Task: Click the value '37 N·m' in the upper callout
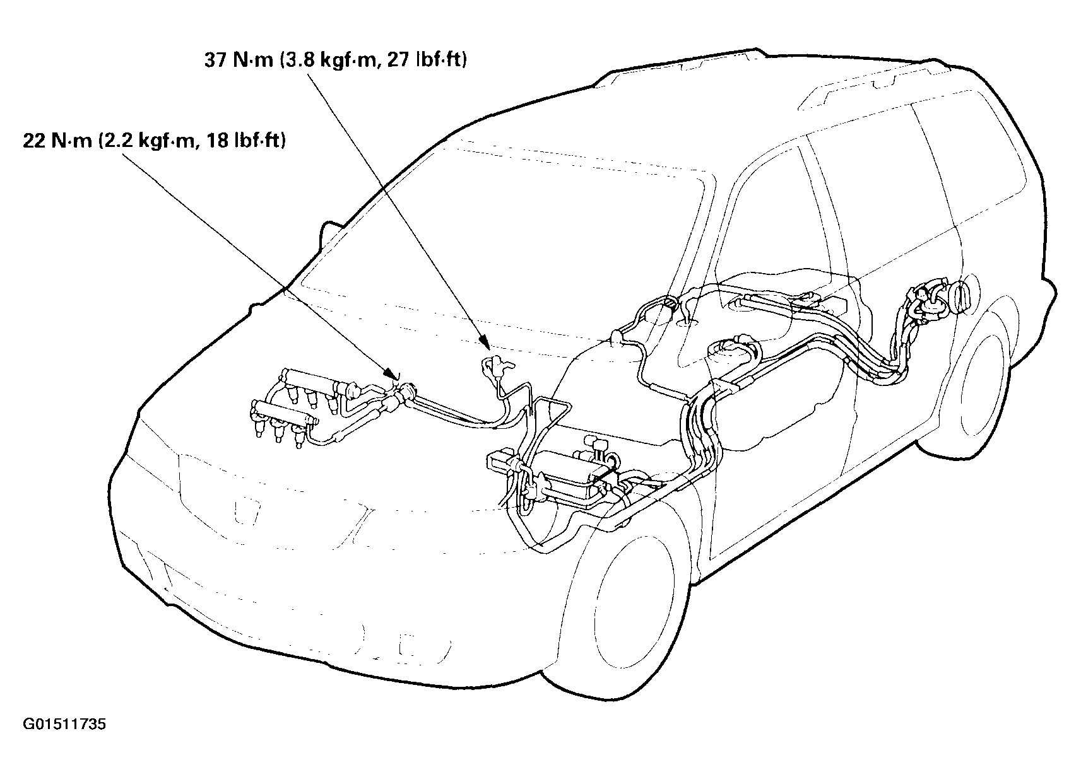click(237, 61)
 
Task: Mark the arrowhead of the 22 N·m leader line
click(393, 379)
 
